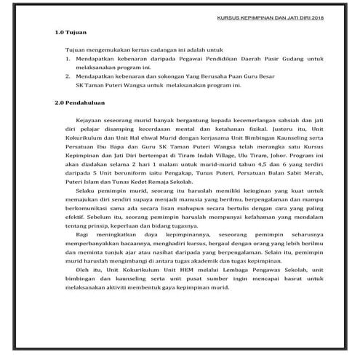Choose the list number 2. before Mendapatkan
68,76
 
